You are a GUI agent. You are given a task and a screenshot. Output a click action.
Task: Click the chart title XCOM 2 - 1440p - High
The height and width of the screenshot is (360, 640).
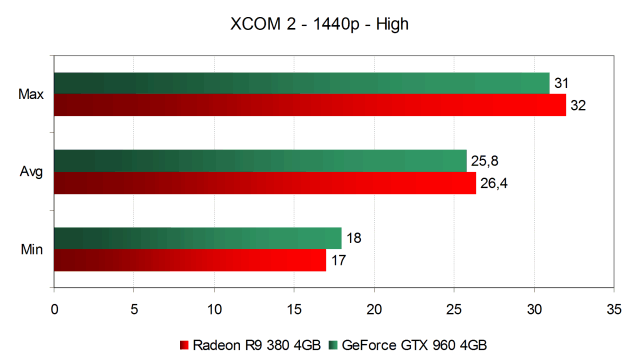(319, 24)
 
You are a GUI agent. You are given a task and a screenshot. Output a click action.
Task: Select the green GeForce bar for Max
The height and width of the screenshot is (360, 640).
(302, 83)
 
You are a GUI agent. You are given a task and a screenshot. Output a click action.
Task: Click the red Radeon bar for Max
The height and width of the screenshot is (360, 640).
(310, 105)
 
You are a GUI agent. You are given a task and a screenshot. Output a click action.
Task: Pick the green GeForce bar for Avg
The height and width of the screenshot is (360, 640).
(260, 161)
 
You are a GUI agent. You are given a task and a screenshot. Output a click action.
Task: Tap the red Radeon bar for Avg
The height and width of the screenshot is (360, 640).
(265, 183)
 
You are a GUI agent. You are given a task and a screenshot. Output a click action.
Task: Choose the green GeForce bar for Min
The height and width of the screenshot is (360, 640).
(198, 238)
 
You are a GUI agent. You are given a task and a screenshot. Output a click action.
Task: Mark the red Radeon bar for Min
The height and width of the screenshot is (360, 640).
(190, 260)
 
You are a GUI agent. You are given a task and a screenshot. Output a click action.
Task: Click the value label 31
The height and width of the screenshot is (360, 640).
(561, 83)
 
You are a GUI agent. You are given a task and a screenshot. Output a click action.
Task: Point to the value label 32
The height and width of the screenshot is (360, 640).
(578, 105)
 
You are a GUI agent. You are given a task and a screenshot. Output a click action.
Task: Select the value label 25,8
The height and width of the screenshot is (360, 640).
(484, 161)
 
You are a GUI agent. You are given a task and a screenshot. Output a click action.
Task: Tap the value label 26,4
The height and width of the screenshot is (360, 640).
(494, 183)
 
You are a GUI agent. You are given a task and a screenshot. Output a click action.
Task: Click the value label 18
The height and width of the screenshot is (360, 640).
(353, 238)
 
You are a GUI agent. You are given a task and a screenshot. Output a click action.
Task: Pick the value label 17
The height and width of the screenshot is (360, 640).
(338, 260)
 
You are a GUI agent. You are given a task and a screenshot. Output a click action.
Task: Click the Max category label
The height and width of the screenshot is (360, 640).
(31, 94)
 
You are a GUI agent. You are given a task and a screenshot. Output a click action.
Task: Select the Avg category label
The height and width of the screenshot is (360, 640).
(31, 172)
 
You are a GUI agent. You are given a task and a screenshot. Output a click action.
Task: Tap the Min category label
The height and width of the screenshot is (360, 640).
(32, 249)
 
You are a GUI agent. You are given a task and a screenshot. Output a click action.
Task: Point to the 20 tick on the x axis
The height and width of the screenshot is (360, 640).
(374, 309)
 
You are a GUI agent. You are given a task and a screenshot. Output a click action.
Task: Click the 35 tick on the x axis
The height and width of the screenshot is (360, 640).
(614, 309)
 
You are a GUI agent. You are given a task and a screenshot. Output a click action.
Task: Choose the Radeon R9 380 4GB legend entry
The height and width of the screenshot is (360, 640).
(250, 345)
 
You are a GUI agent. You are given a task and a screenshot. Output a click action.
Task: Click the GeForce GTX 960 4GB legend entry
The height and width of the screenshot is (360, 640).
(408, 345)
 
